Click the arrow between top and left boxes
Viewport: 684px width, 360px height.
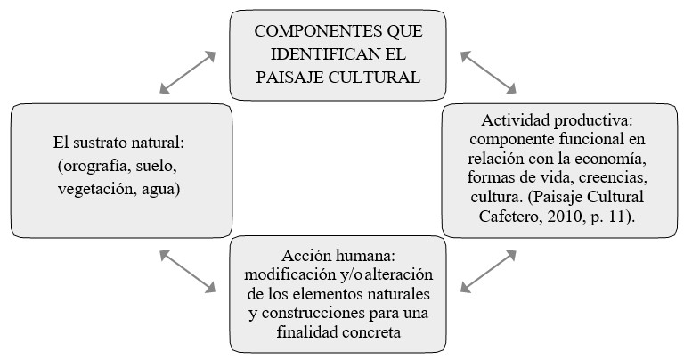[x=188, y=71]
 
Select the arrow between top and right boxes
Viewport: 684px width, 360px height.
[x=488, y=70]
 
